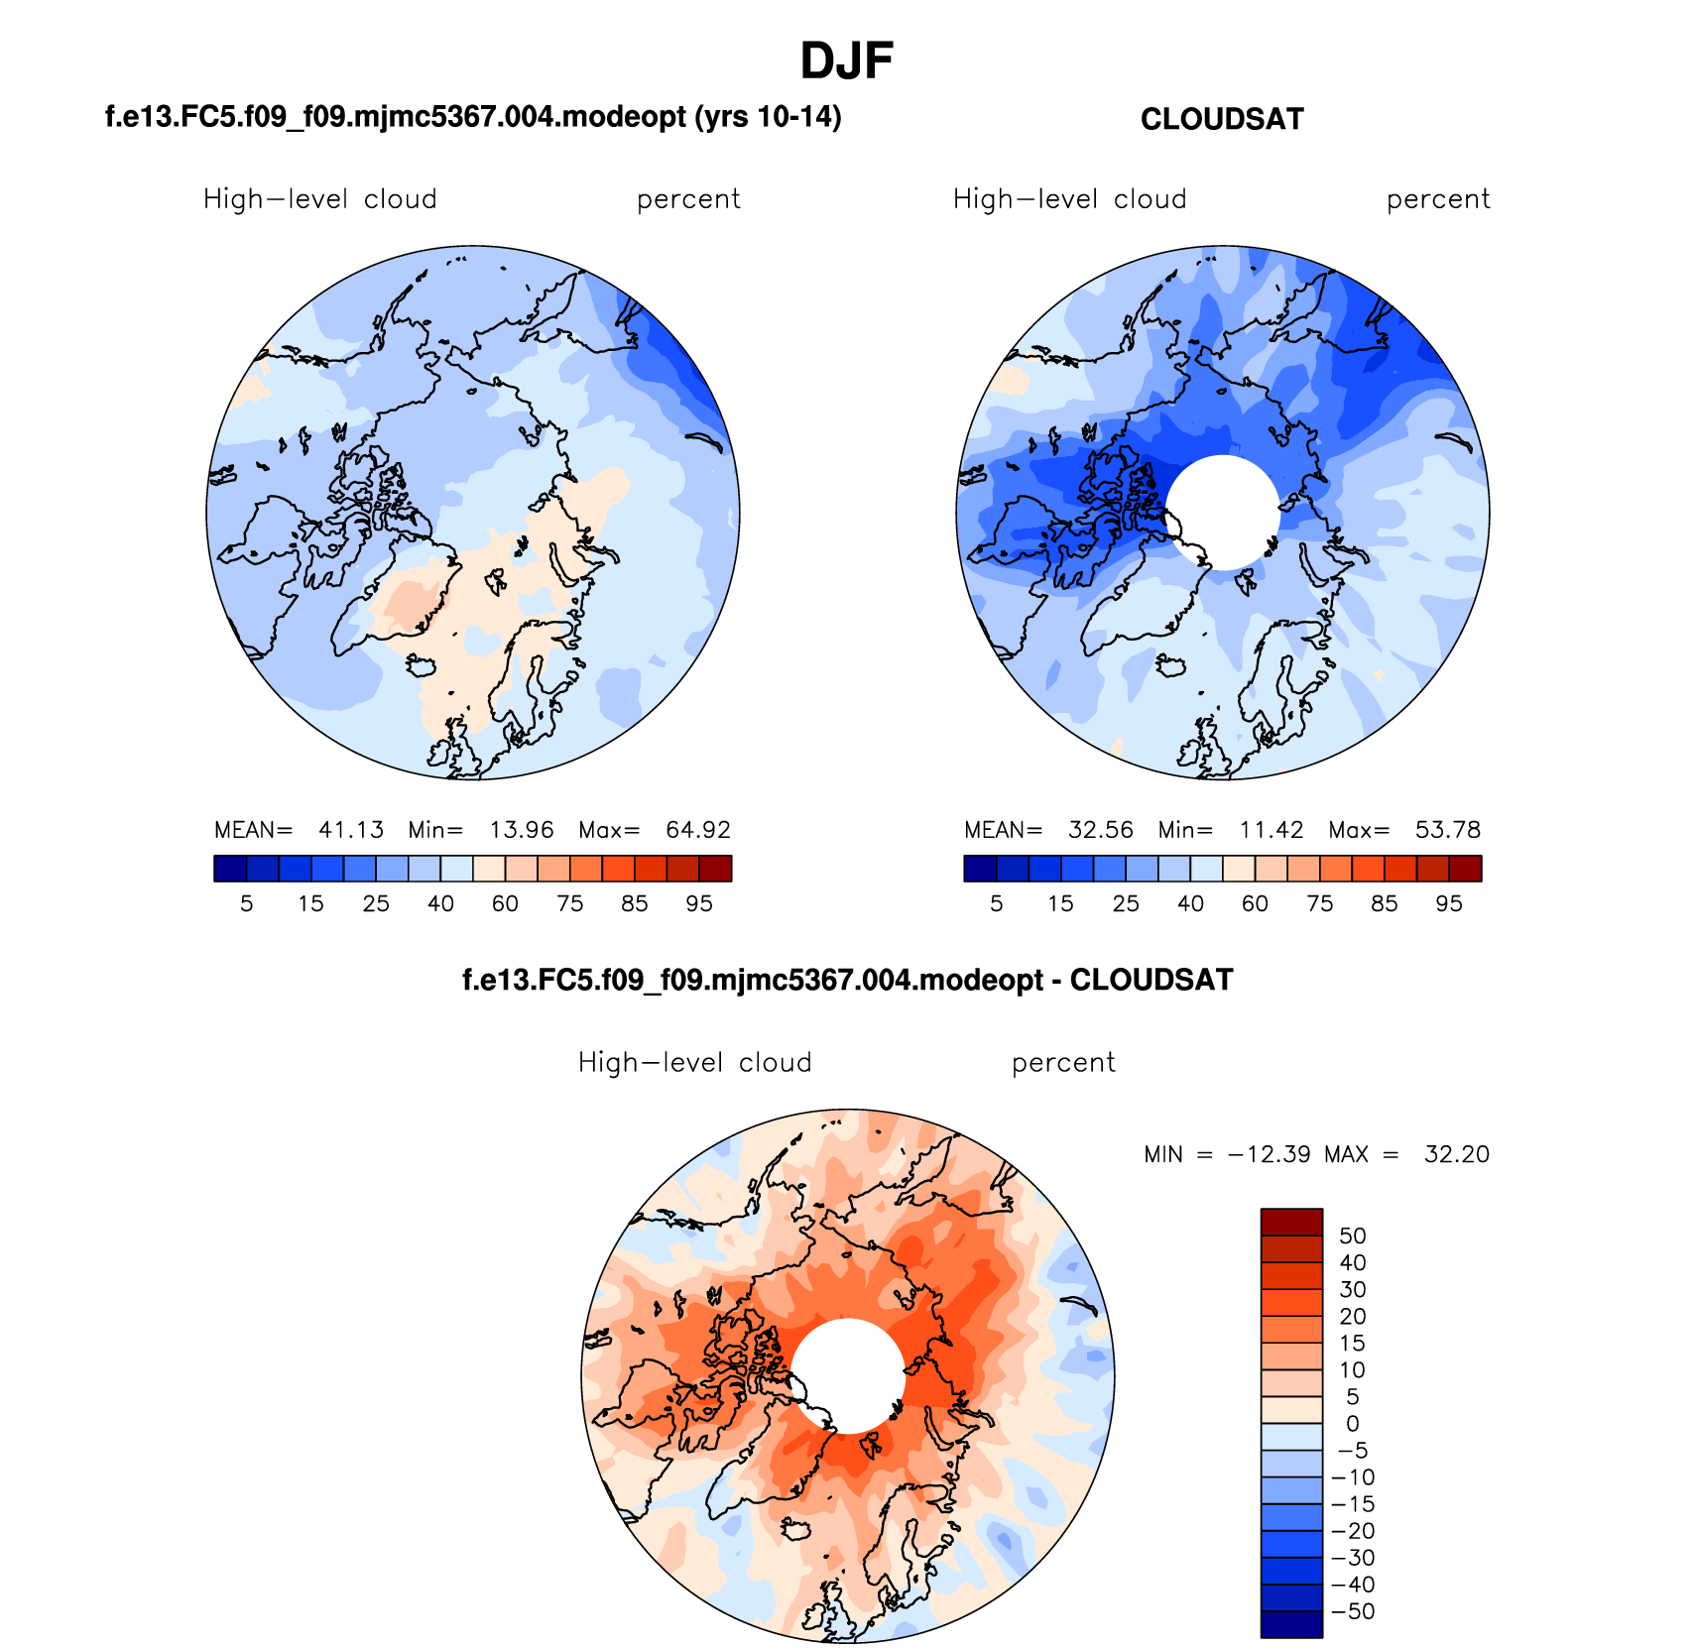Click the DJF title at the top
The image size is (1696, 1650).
coord(847,61)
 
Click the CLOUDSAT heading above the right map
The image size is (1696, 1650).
coord(1222,120)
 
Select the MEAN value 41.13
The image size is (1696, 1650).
coord(351,830)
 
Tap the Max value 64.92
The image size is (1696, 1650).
coord(698,830)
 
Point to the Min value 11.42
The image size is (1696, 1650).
coord(1272,830)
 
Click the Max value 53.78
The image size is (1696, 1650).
coord(1448,830)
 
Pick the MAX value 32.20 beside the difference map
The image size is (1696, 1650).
coord(1457,1154)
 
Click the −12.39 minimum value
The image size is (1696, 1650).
coord(1269,1154)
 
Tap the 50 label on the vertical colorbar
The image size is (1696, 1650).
coord(1353,1236)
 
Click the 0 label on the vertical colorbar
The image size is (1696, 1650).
coord(1353,1424)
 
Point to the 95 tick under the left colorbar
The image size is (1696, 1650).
coord(699,903)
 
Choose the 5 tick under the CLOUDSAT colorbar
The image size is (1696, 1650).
coord(997,903)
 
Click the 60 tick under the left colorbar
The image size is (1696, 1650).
coord(505,903)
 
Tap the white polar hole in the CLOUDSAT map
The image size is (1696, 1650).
coord(1222,512)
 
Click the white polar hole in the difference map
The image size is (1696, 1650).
coord(848,1375)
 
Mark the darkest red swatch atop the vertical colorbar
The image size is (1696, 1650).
coord(1291,1222)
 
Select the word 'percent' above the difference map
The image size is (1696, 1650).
coord(1063,1063)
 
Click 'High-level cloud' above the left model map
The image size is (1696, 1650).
coord(319,199)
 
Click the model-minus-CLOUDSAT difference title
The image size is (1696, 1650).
coord(847,981)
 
